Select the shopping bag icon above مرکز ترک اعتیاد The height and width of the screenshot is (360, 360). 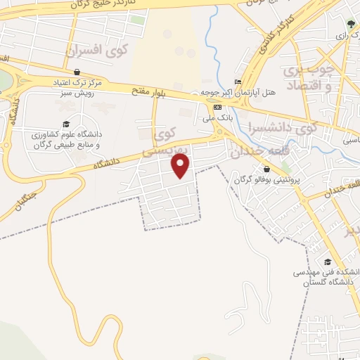coord(76,72)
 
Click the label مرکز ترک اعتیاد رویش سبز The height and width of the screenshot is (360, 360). coord(77,87)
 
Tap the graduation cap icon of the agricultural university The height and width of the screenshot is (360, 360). coord(66,124)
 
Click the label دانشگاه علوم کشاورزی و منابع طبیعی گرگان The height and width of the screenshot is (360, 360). coord(65,139)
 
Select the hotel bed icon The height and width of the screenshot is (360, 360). coord(238,81)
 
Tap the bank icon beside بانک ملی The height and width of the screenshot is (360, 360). coord(217,106)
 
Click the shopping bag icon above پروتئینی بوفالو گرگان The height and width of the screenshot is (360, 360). coord(267,169)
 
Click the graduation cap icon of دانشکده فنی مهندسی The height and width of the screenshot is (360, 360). coord(327,262)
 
